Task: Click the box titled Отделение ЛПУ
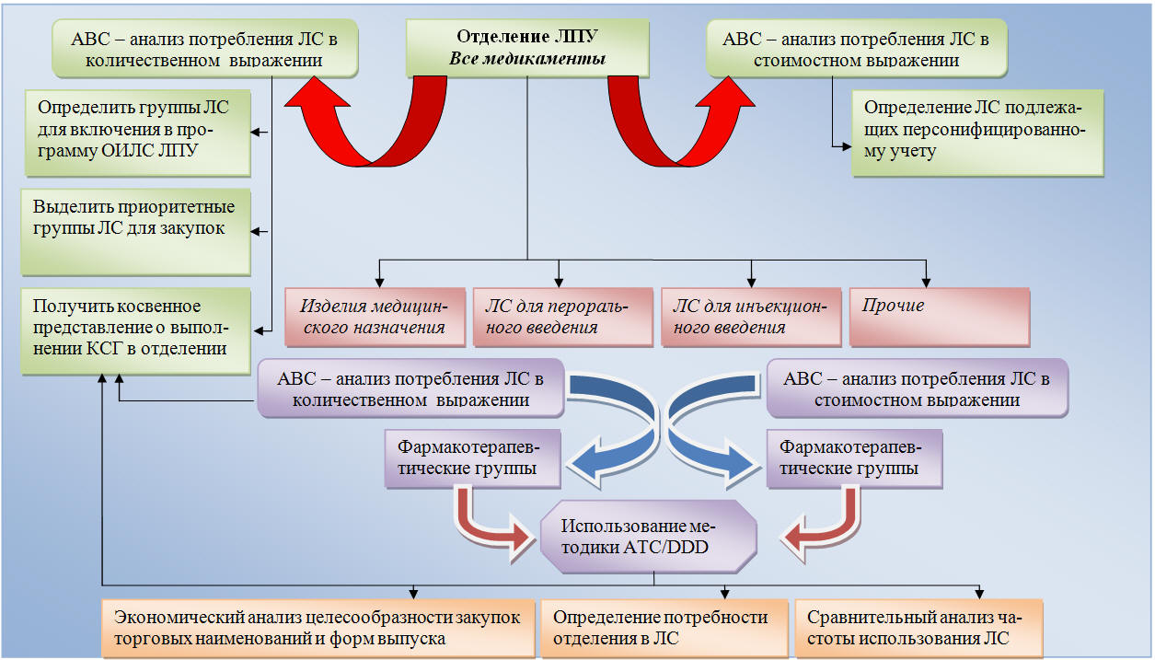[527, 48]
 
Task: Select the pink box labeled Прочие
[940, 317]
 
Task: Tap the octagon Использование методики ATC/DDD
[649, 537]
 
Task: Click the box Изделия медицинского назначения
[375, 317]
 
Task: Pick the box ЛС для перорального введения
[563, 317]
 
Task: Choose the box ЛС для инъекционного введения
[751, 317]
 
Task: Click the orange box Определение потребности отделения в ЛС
[664, 628]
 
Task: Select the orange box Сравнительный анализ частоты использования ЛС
[918, 628]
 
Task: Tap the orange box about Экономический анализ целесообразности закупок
[318, 628]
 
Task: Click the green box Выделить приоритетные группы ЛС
[135, 232]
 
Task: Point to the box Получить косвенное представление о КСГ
[135, 331]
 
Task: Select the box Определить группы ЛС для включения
[138, 133]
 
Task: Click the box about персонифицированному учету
[977, 133]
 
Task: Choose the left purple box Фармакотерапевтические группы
[472, 458]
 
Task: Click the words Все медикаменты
[527, 59]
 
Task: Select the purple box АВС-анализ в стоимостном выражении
[918, 388]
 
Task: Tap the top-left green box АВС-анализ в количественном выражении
[204, 49]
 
